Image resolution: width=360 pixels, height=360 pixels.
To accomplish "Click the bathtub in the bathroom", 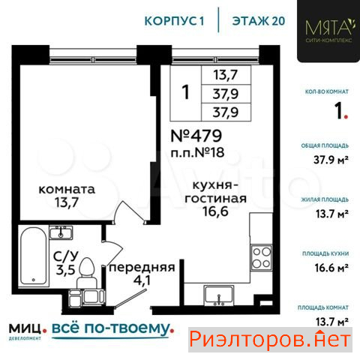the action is click(33, 256).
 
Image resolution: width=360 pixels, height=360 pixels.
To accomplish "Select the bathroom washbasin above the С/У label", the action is click(61, 232).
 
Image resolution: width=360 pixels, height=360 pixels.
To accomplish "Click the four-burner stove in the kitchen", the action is click(261, 257).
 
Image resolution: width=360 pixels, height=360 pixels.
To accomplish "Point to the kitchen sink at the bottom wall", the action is click(219, 295).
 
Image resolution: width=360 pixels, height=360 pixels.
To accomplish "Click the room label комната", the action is click(67, 189).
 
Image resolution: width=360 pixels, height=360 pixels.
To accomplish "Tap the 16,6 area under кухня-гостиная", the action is click(215, 211).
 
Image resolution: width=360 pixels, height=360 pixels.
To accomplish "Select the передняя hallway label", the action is click(142, 268).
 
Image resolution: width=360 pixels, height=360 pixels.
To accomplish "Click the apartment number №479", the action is click(196, 136).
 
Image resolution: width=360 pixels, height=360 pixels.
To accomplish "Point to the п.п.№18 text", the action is click(197, 152).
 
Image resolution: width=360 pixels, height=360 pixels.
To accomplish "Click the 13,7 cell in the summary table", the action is click(226, 75).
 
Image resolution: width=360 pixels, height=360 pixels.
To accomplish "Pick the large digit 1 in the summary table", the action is click(185, 92).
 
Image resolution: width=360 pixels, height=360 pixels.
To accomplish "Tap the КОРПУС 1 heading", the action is click(174, 21).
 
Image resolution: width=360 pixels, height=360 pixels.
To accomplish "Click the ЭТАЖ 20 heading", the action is click(259, 21).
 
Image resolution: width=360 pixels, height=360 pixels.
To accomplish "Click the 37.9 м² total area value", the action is click(331, 160).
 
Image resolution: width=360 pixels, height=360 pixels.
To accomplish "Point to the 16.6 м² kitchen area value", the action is click(331, 268).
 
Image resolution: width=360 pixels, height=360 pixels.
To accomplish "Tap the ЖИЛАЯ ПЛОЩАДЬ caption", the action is click(325, 199).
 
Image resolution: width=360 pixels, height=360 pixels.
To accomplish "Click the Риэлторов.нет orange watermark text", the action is click(270, 340).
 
